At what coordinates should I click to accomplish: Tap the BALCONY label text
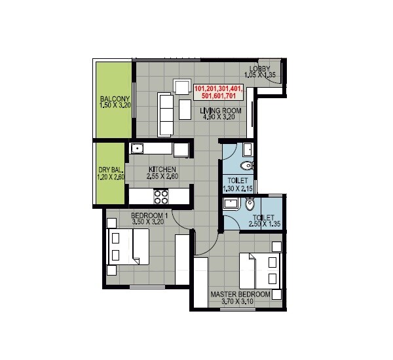click(x=115, y=96)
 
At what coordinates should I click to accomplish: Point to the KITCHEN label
click(x=161, y=168)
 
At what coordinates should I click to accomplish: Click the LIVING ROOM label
click(x=221, y=111)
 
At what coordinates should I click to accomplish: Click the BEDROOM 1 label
click(x=150, y=215)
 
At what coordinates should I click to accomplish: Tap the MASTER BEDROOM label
click(x=240, y=295)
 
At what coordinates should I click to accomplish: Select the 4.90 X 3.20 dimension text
click(x=221, y=119)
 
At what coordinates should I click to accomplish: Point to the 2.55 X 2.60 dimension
click(x=161, y=177)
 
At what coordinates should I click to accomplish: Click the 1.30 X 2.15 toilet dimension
click(x=236, y=189)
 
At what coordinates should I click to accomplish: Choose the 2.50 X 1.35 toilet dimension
click(x=264, y=225)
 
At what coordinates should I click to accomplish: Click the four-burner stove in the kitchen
click(x=161, y=195)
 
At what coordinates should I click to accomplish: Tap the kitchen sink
click(x=138, y=149)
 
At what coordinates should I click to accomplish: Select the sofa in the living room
click(x=166, y=111)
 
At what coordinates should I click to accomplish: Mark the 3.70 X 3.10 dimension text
click(x=240, y=302)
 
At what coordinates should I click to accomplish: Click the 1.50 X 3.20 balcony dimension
click(x=115, y=104)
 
